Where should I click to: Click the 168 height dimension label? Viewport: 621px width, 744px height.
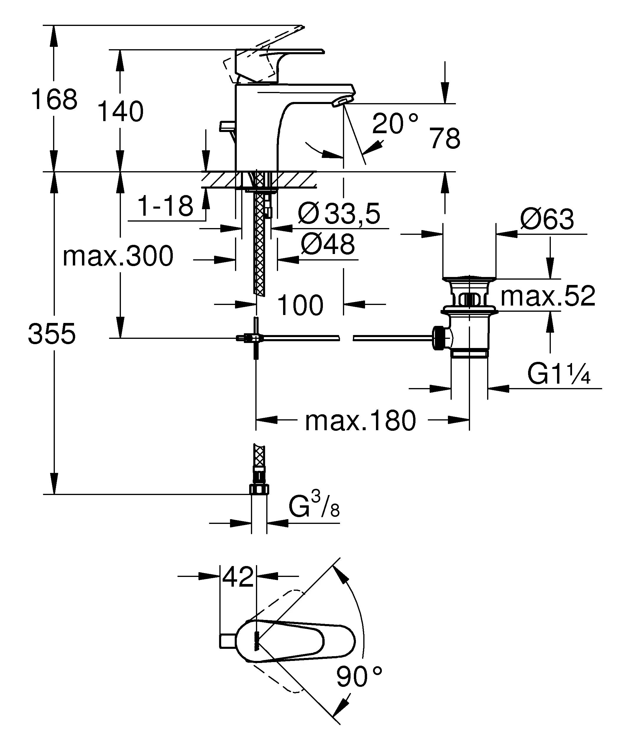[x=54, y=100]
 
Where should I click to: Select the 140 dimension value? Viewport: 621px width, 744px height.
[x=121, y=112]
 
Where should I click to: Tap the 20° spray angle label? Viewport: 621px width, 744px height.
[x=395, y=124]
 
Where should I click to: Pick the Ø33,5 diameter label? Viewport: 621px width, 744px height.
[x=339, y=214]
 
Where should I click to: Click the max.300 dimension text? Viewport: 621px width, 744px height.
[x=118, y=256]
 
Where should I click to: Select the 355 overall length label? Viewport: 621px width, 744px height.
[x=52, y=334]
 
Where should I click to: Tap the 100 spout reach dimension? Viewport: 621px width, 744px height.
[x=300, y=305]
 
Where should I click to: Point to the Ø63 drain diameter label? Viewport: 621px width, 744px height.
[x=547, y=219]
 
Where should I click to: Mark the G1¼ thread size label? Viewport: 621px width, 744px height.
[x=559, y=374]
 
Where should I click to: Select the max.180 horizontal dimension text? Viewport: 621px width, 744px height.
[x=360, y=421]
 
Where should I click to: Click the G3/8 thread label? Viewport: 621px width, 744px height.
[x=314, y=507]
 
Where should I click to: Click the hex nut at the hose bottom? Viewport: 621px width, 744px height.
[x=259, y=490]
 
